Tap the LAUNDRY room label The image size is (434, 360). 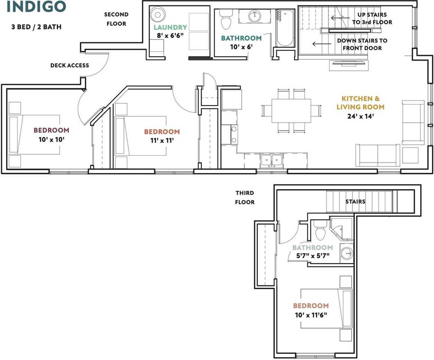[170, 27]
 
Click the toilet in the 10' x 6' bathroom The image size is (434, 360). [226, 19]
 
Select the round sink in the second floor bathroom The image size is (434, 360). [254, 16]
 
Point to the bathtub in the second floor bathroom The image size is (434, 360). [285, 28]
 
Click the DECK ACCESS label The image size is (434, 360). [70, 65]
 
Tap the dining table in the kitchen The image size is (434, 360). [291, 111]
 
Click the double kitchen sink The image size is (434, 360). [271, 161]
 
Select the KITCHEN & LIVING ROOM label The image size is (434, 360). [360, 102]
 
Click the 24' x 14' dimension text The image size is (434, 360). [360, 116]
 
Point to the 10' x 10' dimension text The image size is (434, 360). [51, 139]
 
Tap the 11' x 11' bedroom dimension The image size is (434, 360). [162, 141]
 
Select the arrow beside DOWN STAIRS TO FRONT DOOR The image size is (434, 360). [322, 44]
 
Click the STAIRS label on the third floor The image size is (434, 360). [355, 201]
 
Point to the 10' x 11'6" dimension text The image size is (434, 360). [311, 315]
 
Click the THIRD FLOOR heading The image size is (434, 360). [245, 197]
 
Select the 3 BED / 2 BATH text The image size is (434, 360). [36, 27]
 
